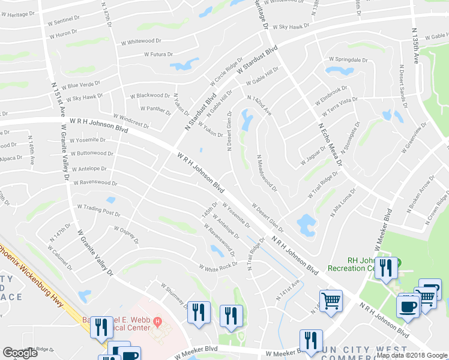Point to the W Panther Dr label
coord(155,109)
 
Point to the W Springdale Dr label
coord(348,60)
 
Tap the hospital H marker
coord(158,322)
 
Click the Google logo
coord(20,353)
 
